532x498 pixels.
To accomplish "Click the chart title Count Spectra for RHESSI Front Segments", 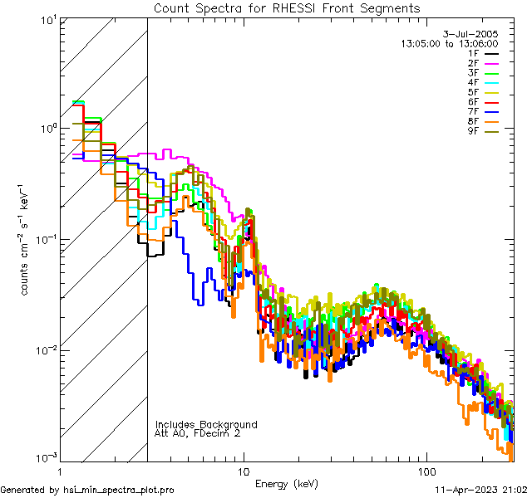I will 287,7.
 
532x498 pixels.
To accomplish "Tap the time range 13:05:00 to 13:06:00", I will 449,42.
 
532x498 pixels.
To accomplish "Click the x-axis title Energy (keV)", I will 287,483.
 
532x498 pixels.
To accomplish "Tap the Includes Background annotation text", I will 205,424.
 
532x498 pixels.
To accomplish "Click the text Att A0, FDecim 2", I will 198,433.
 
